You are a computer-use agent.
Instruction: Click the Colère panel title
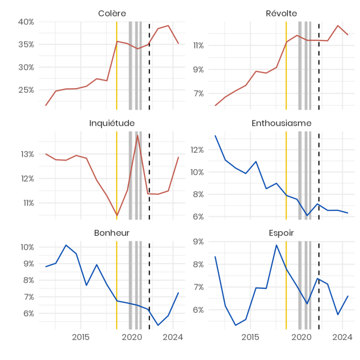[x=112, y=13]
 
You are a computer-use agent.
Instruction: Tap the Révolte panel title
[x=281, y=13]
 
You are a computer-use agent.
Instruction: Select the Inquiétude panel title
[x=112, y=123]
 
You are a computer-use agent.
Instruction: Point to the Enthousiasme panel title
[x=281, y=123]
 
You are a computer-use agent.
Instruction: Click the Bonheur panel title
[x=112, y=233]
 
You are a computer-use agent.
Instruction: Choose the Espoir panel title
[x=281, y=233]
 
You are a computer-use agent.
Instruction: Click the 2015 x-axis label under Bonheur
[x=80, y=337]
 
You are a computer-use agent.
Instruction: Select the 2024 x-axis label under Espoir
[x=342, y=337]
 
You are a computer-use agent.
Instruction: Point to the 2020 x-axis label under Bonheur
[x=132, y=337]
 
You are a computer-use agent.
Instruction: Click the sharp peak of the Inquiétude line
[x=137, y=135]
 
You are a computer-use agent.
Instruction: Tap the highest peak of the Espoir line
[x=276, y=245]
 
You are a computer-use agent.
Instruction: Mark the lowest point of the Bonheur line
[x=158, y=325]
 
